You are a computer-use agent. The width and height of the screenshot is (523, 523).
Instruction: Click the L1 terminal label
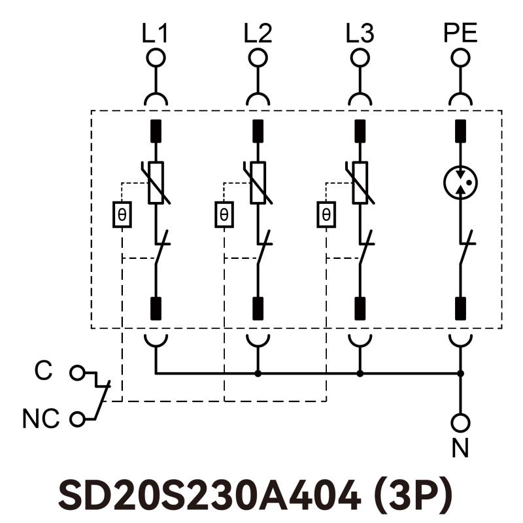[x=155, y=33]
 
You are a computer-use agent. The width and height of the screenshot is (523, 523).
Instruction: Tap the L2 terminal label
[x=258, y=33]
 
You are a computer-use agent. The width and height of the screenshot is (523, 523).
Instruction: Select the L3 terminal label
[x=360, y=33]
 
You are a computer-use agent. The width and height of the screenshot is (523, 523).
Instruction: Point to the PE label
[x=461, y=33]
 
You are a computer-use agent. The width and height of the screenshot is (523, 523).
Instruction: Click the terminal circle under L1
[x=156, y=58]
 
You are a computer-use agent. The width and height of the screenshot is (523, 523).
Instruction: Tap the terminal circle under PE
[x=461, y=58]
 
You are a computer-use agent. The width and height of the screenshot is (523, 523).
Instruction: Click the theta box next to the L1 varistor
[x=122, y=214]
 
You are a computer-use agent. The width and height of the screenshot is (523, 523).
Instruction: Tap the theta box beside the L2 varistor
[x=224, y=214]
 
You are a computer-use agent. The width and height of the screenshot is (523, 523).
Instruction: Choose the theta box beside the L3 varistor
[x=326, y=214]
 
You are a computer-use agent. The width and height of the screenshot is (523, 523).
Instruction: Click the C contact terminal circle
[x=78, y=373]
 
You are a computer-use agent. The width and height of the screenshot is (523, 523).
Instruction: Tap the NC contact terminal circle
[x=78, y=419]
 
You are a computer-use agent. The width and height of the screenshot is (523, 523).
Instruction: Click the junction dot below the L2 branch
[x=258, y=374]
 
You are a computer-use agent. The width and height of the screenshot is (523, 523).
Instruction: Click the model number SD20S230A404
[x=209, y=495]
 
